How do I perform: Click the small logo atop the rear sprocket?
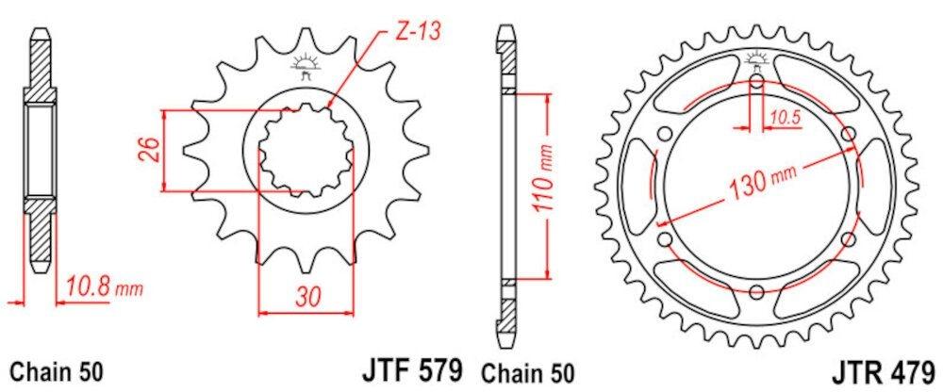pyautogui.click(x=757, y=61)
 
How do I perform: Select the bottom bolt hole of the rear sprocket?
pyautogui.click(x=758, y=290)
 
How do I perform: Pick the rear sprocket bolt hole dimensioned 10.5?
pyautogui.click(x=758, y=82)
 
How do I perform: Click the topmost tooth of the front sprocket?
pyautogui.click(x=305, y=38)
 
